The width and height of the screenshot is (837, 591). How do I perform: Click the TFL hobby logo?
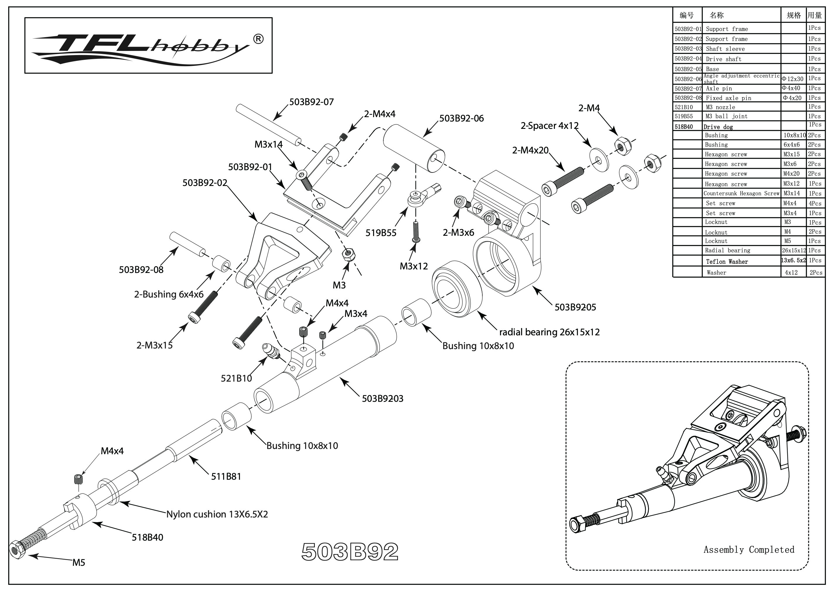tap(148, 46)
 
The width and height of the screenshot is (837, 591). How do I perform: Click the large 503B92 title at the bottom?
tap(350, 552)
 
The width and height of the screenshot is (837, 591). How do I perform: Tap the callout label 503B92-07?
tap(311, 102)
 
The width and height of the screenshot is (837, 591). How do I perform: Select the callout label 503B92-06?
tap(461, 119)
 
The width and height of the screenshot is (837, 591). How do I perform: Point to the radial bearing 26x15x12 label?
tap(549, 332)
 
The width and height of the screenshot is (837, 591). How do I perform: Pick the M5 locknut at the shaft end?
tap(17, 549)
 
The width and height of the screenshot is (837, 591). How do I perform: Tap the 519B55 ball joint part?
tap(419, 197)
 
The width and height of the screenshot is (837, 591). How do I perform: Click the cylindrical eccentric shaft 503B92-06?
tap(414, 148)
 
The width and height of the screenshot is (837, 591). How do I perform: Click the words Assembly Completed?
tap(749, 550)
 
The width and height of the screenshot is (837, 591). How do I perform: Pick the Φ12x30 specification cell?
tap(792, 79)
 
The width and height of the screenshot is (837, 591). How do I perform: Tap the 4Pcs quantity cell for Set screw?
tap(815, 203)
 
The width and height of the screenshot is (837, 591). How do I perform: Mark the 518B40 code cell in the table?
tap(687, 127)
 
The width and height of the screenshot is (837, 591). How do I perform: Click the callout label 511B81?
tap(226, 476)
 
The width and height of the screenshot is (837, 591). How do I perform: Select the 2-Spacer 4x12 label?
tap(549, 126)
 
